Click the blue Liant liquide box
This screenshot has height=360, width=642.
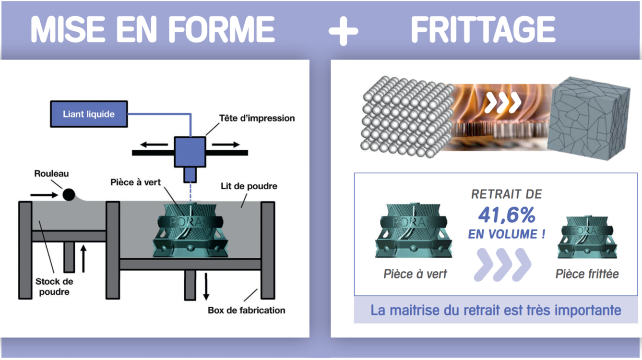click(x=89, y=114)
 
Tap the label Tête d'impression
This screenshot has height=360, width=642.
click(x=257, y=118)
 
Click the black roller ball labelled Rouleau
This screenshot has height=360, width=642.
click(x=69, y=194)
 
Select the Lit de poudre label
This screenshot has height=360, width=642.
click(x=249, y=186)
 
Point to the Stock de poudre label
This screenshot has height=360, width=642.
click(x=54, y=287)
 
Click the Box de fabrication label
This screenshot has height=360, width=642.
click(x=246, y=310)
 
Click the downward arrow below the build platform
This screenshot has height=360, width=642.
click(x=206, y=286)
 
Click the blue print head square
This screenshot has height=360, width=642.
click(x=190, y=152)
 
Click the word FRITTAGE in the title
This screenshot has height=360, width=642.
click(x=483, y=30)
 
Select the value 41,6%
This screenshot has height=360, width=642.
click(x=507, y=216)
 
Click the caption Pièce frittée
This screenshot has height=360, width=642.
click(x=587, y=274)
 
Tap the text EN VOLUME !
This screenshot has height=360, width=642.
click(x=506, y=234)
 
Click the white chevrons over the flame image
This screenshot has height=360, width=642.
click(x=502, y=102)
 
